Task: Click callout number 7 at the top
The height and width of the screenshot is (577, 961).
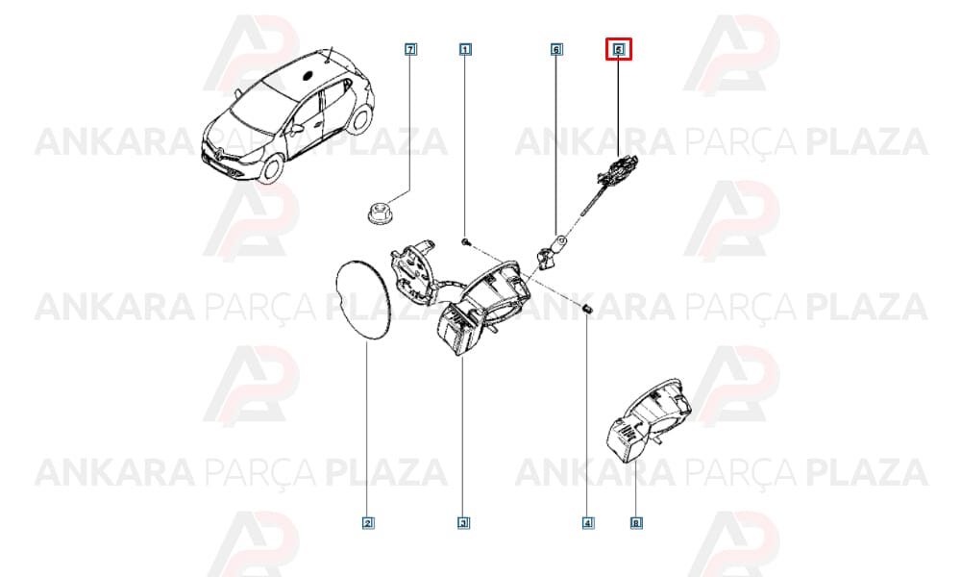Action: (x=410, y=49)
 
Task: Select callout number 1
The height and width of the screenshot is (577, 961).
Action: (x=465, y=49)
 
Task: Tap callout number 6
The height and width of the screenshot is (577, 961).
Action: (x=555, y=49)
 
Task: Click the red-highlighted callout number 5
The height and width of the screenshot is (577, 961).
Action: (x=618, y=49)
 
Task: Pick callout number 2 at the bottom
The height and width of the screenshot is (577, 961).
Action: (x=368, y=523)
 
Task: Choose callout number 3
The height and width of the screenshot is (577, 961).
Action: (x=463, y=523)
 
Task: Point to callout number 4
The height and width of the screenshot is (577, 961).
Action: (x=588, y=523)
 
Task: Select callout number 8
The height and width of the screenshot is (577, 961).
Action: (x=636, y=523)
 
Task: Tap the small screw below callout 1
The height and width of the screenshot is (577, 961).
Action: (x=466, y=242)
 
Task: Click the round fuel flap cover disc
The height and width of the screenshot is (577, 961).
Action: (x=363, y=299)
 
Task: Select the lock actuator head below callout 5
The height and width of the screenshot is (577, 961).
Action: (x=618, y=168)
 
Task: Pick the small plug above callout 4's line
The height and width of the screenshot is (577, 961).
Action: (x=586, y=309)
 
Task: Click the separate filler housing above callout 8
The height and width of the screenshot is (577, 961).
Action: (x=649, y=419)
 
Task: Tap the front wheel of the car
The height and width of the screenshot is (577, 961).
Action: (x=270, y=167)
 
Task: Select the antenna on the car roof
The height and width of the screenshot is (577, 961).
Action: (x=329, y=54)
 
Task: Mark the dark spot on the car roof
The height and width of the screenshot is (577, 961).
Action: (x=308, y=77)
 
